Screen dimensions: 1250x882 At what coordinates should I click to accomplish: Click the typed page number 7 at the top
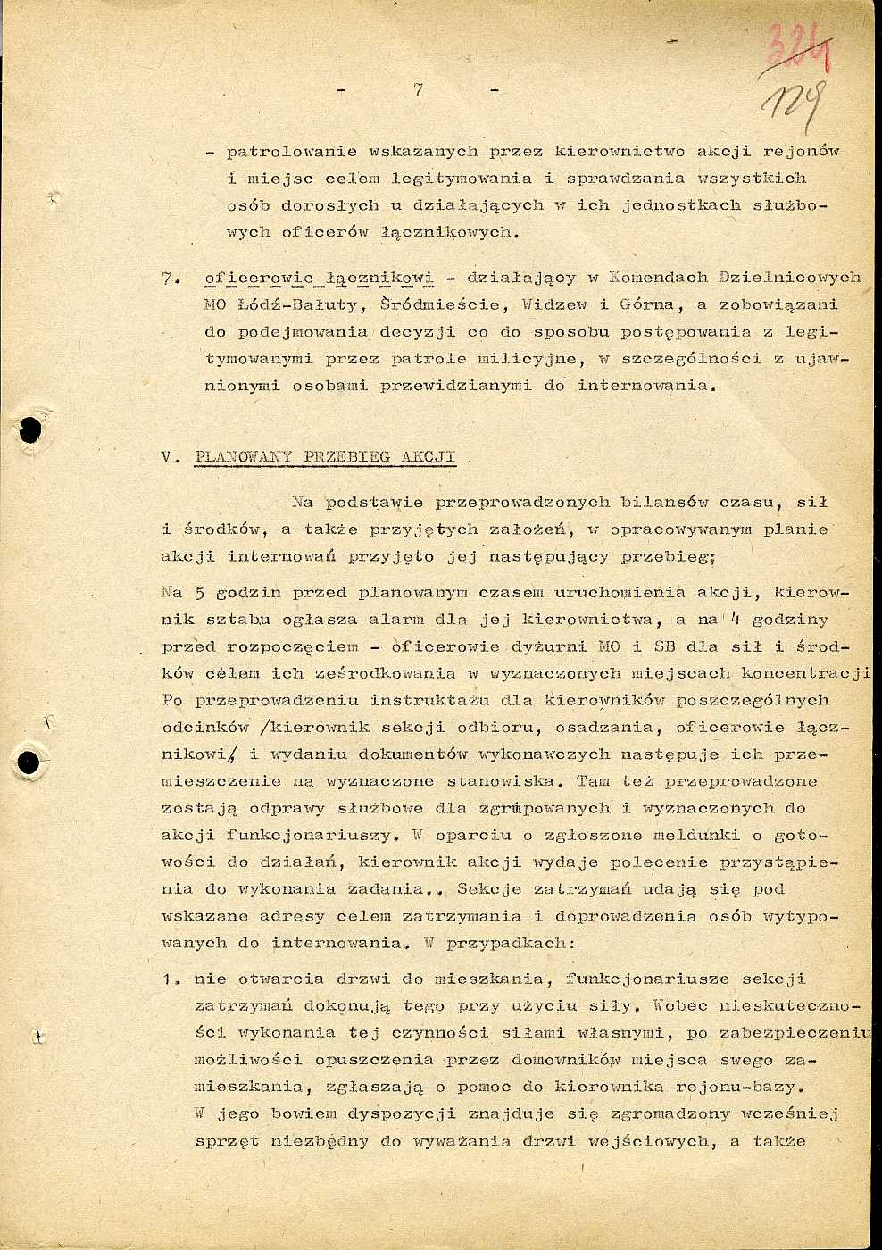418,89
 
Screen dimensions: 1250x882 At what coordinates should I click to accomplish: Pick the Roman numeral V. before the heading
171,457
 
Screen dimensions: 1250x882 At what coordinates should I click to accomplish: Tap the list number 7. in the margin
171,279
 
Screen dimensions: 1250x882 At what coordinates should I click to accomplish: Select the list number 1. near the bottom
171,979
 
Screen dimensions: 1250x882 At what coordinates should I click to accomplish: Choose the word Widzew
553,305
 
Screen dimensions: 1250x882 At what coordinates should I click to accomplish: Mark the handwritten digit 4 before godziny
734,618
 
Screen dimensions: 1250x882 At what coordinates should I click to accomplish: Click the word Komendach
658,279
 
